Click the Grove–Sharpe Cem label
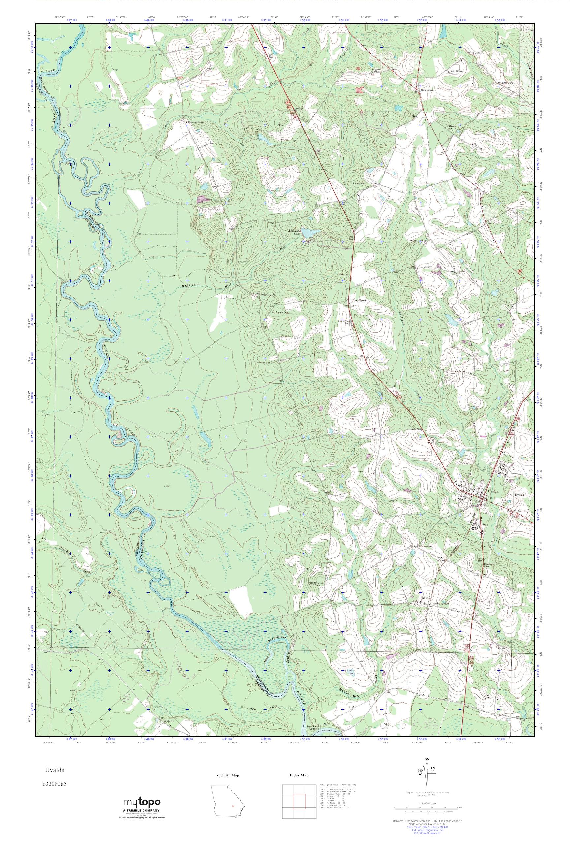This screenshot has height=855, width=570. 455,72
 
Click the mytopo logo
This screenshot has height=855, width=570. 142,811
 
